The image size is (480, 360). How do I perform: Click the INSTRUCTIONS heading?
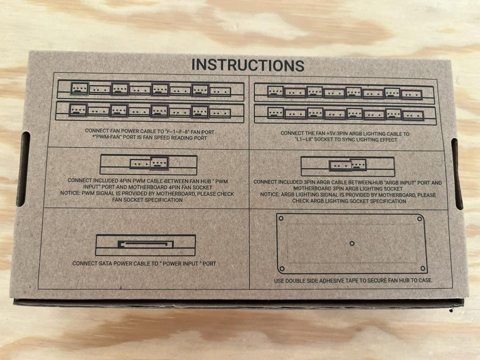coord(248,65)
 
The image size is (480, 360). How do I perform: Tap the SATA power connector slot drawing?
coord(145,244)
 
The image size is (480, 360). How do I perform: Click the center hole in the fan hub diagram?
coord(352,243)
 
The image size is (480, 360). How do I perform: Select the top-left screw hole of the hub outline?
coord(281,218)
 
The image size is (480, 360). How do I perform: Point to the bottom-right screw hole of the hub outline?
coord(423,268)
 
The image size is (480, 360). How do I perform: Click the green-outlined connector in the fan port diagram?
coord(79,89)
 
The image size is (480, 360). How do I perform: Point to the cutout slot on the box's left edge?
coord(24,169)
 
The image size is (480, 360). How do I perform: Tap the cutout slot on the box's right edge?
coord(457,173)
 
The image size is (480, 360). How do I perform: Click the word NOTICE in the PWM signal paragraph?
coord(70,194)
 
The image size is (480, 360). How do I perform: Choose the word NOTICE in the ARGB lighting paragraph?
coord(269,194)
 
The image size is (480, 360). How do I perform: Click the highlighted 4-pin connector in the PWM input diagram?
coord(159,163)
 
